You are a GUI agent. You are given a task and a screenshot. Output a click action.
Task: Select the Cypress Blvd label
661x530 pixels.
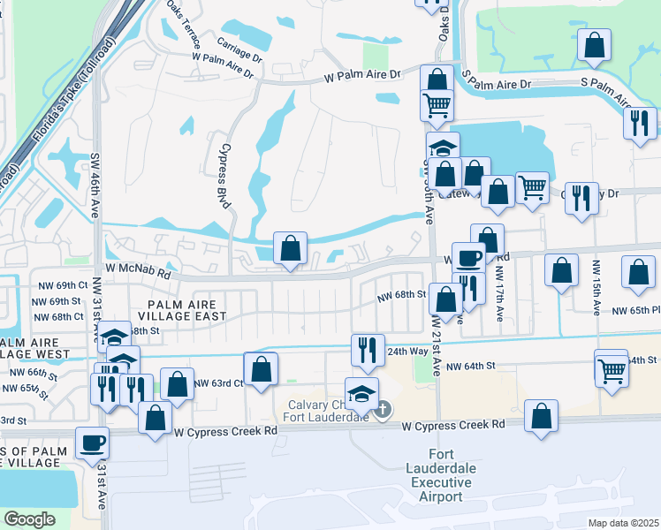pyautogui.click(x=225, y=176)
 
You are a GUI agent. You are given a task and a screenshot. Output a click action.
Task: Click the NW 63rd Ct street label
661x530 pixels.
pyautogui.click(x=217, y=383)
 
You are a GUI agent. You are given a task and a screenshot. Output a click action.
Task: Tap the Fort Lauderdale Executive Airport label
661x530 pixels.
pyautogui.click(x=439, y=481)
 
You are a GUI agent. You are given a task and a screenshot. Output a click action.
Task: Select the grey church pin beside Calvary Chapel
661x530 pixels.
pyautogui.click(x=382, y=410)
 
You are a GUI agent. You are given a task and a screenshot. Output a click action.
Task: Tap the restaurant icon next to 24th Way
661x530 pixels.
pyautogui.click(x=368, y=349)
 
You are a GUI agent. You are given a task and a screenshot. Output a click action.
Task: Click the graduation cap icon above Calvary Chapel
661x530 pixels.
pyautogui.click(x=361, y=392)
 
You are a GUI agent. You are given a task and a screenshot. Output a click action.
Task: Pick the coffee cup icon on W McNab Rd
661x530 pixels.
pyautogui.click(x=468, y=257)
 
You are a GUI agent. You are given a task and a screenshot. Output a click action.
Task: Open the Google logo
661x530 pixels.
pyautogui.click(x=29, y=519)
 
